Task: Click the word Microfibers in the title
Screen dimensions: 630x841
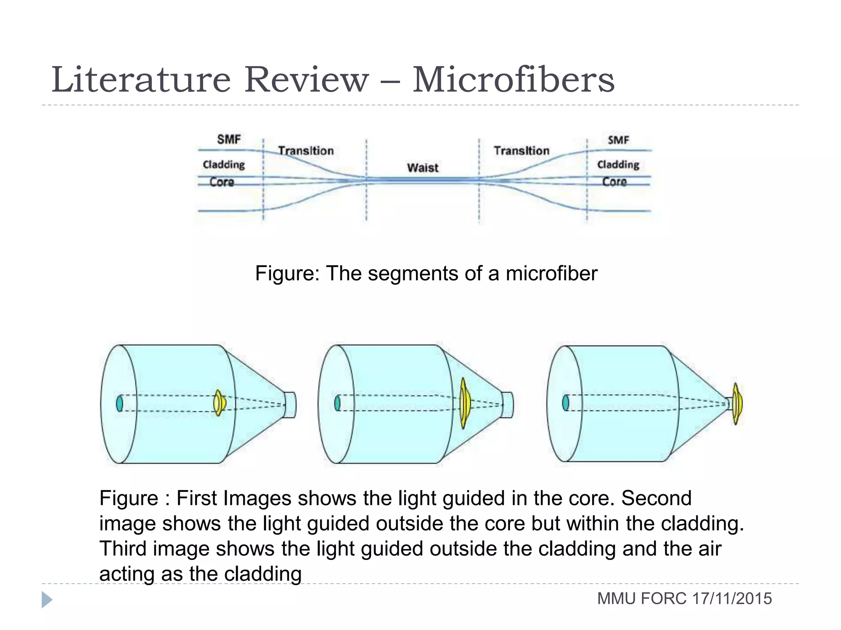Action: [513, 80]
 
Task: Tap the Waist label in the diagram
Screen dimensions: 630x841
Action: [423, 168]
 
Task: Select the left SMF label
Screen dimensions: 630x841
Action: [229, 139]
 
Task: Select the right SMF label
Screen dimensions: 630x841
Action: [618, 140]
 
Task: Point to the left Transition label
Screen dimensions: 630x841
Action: [306, 151]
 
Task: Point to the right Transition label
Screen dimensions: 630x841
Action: [521, 151]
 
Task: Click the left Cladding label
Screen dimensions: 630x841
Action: [224, 164]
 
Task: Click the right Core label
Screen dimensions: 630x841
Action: [614, 182]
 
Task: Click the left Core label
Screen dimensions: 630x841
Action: [222, 182]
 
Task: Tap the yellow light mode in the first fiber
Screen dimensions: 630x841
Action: [219, 403]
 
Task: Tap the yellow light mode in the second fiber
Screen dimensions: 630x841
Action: [464, 404]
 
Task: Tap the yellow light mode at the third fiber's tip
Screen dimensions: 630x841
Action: [737, 404]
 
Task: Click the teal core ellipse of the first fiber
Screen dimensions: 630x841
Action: [119, 403]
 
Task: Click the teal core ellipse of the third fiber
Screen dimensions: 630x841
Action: [565, 403]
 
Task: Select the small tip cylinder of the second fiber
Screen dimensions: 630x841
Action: [508, 405]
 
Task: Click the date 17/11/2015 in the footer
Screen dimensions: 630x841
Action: [732, 599]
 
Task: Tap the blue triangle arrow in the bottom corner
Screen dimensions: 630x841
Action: [46, 600]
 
